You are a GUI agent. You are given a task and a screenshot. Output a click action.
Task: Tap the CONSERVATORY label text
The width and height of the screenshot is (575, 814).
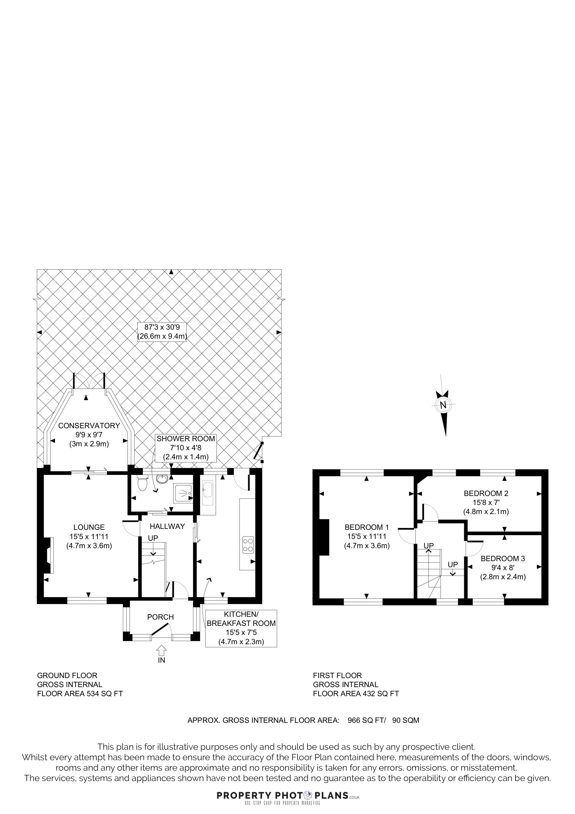click(89, 425)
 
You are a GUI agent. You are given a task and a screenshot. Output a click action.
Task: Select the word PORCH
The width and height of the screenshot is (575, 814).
click(160, 617)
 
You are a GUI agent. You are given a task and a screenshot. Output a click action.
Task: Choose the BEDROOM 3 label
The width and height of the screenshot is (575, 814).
click(503, 558)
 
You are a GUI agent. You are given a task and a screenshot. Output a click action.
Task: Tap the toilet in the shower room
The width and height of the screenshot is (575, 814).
click(142, 484)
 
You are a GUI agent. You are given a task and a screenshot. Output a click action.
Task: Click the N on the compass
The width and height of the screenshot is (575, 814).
click(443, 405)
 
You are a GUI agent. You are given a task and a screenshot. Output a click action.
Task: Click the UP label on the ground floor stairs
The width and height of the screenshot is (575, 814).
click(153, 538)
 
